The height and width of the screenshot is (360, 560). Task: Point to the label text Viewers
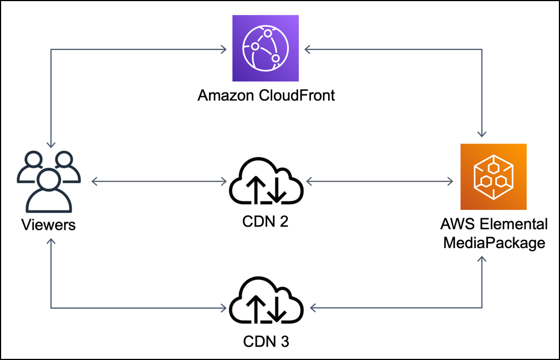coord(49,225)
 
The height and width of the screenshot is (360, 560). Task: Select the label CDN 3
coord(266,341)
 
